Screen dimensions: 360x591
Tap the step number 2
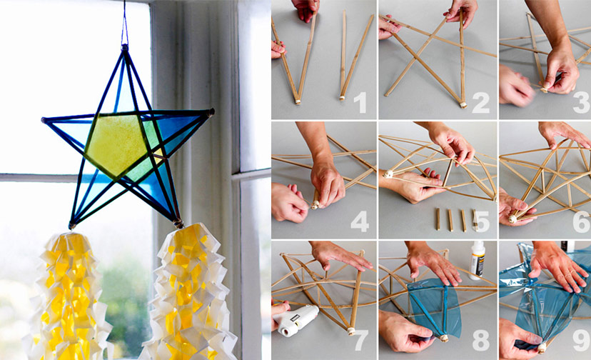(480, 104)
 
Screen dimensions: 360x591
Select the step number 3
(578, 104)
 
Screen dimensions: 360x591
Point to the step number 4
(360, 222)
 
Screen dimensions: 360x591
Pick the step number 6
(578, 222)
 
